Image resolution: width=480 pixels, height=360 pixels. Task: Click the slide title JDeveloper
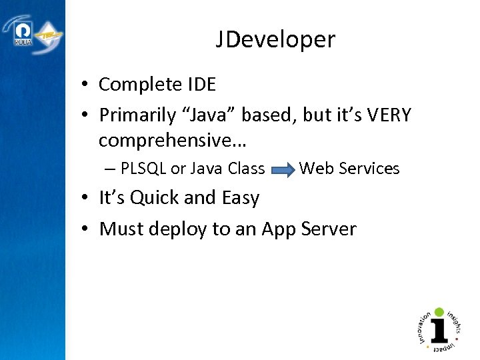275,41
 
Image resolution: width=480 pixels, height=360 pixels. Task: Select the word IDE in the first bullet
201,85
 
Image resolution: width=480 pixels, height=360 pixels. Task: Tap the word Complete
139,85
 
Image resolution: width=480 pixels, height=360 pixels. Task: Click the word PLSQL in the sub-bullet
144,169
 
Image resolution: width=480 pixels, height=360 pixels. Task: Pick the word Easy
238,198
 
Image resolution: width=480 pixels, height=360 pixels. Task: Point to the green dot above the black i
439,311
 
